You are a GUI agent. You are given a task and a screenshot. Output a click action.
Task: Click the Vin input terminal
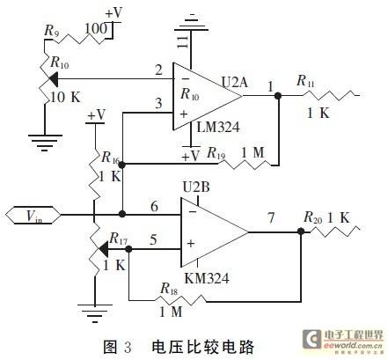[x=33, y=216]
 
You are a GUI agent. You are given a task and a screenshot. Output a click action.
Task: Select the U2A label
[x=234, y=82]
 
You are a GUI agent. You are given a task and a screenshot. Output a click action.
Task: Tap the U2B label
[x=196, y=187]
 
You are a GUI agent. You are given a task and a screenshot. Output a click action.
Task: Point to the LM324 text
[x=218, y=127]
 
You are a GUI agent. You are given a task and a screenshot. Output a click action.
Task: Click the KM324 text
[x=207, y=278]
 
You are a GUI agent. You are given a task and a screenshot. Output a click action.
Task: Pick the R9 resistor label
[x=51, y=31]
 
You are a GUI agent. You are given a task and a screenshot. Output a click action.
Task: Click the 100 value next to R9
[x=96, y=29]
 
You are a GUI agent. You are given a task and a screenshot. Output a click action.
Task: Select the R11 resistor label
[x=305, y=81]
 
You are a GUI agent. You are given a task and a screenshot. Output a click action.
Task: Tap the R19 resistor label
[x=216, y=153]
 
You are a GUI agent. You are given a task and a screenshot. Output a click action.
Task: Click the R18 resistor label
[x=169, y=289]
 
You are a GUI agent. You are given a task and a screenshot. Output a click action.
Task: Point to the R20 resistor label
[x=313, y=217]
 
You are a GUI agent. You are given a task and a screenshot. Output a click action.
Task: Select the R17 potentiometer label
[x=119, y=239]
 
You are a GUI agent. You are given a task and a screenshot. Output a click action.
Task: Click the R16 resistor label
[x=110, y=158]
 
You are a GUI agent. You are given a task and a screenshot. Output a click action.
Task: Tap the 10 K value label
[x=66, y=97]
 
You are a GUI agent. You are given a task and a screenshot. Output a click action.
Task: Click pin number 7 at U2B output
[x=271, y=217]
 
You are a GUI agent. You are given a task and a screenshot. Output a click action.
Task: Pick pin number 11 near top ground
[x=183, y=42]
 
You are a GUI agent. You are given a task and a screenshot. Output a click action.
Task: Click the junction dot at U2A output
[x=278, y=95]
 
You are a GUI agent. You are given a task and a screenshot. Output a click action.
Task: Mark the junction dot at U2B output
[x=301, y=231]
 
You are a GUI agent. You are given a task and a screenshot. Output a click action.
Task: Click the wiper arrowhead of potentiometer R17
[x=103, y=249]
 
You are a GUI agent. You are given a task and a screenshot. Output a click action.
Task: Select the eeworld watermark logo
[x=343, y=340]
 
